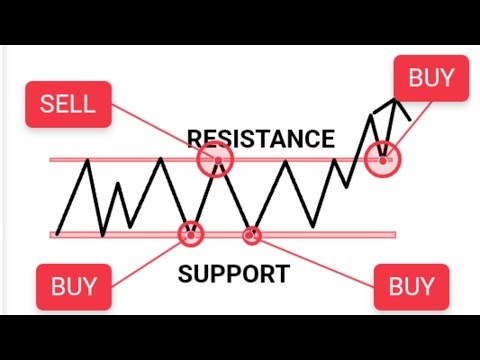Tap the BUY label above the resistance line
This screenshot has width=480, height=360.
tap(431, 77)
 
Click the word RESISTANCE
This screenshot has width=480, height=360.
tap(260, 138)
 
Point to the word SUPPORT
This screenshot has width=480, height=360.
tap(235, 272)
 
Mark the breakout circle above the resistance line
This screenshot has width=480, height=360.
tap(382, 156)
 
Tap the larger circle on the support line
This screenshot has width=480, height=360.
tap(190, 234)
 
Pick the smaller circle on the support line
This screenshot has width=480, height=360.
tap(251, 235)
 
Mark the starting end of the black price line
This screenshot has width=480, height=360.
tap(58, 233)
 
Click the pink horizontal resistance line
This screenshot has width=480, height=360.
tap(300, 160)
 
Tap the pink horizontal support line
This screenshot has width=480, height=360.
tap(320, 235)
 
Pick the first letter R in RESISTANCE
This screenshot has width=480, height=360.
tap(194, 138)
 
